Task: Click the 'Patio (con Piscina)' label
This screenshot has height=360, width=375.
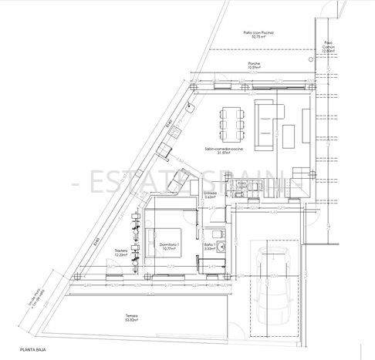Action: [258, 32]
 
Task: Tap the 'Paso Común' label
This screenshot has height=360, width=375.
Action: [329, 43]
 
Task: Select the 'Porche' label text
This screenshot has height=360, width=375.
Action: [254, 63]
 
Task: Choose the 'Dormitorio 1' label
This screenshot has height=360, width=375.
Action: [170, 244]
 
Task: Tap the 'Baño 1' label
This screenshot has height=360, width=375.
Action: [210, 244]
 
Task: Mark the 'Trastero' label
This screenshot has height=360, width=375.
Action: [121, 251]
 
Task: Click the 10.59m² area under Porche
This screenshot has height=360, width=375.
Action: [255, 68]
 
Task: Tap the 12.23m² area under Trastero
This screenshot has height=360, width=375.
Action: [121, 256]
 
